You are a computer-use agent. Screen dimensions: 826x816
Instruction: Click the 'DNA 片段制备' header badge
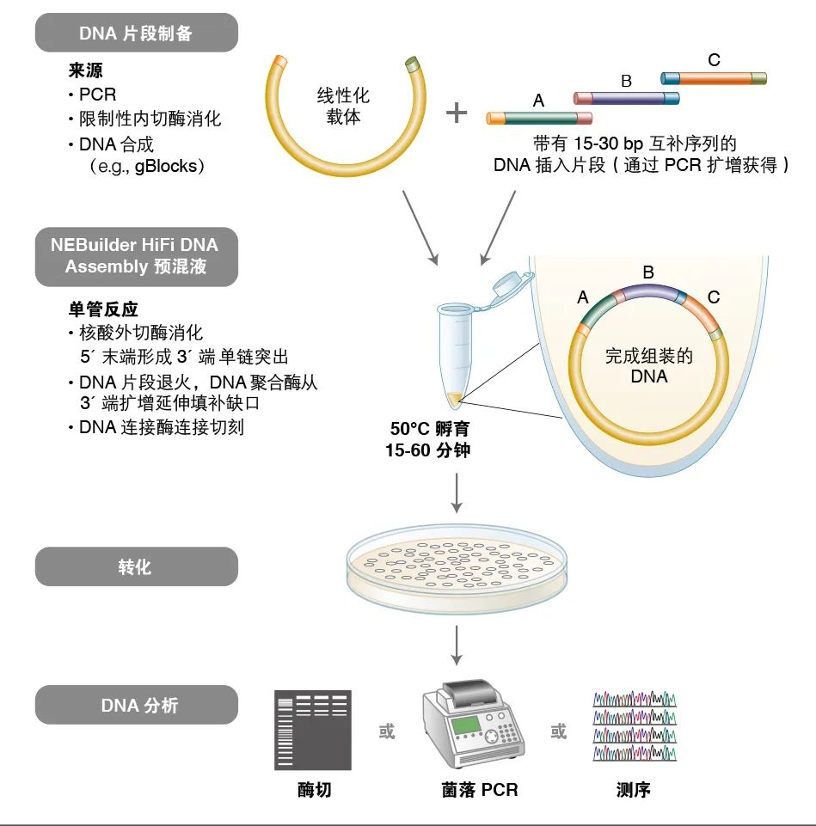(136, 34)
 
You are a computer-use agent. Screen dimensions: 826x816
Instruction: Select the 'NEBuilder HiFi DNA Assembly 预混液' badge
(136, 255)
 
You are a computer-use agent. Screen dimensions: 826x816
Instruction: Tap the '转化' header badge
(136, 566)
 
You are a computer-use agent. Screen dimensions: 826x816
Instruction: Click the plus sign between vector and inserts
(457, 113)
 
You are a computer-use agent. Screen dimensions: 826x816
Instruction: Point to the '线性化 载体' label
(343, 107)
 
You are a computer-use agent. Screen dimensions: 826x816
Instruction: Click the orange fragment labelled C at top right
(713, 78)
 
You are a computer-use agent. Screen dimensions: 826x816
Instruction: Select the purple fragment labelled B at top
(626, 98)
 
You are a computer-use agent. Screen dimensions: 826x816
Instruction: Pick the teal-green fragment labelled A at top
(539, 118)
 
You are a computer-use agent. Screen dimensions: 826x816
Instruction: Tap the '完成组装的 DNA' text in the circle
(648, 365)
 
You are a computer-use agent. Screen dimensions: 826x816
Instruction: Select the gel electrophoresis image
(313, 729)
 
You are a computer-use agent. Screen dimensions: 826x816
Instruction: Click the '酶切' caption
(313, 789)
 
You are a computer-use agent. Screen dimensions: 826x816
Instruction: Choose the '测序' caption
(634, 789)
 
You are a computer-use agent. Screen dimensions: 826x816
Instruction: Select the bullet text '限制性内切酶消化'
(150, 119)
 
